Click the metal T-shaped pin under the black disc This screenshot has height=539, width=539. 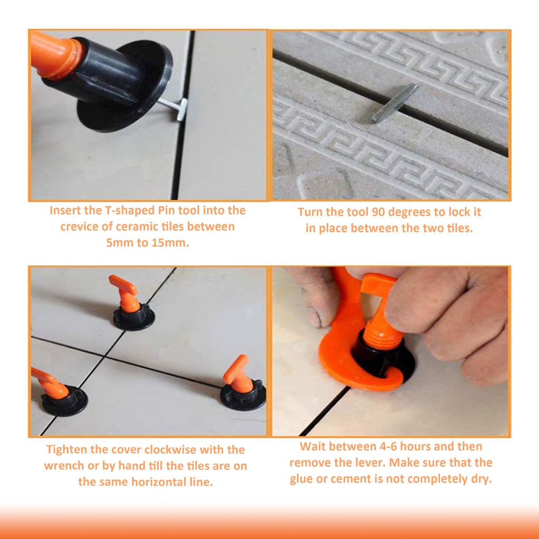[176, 107]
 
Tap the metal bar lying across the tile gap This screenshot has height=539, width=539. [394, 103]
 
